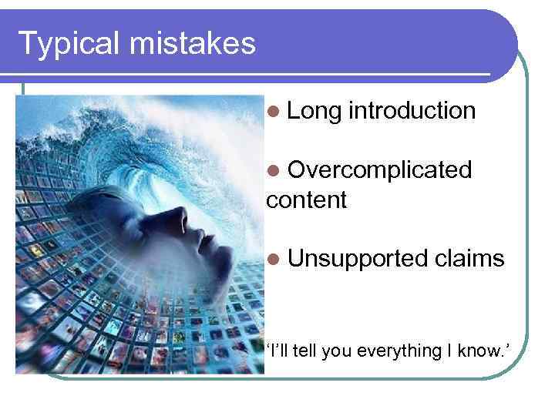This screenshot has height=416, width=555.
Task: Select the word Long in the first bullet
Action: [x=314, y=111]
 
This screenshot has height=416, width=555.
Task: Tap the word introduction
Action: [x=412, y=111]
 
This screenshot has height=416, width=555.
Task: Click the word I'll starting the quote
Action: [x=279, y=351]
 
